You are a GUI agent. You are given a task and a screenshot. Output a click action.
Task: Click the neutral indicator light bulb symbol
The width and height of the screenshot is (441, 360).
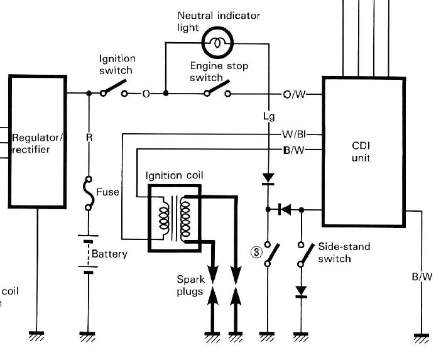(218, 43)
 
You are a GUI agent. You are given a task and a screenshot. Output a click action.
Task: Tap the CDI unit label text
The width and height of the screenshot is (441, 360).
(361, 151)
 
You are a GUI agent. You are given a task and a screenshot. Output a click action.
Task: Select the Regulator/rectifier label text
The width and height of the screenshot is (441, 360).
(37, 143)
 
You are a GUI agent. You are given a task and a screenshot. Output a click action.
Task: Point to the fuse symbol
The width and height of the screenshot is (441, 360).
(89, 194)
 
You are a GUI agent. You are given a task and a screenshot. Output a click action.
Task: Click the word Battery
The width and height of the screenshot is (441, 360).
(109, 254)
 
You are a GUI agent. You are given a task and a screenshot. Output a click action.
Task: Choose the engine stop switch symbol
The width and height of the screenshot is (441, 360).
(218, 89)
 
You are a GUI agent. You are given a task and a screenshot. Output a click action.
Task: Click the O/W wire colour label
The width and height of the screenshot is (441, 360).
(294, 94)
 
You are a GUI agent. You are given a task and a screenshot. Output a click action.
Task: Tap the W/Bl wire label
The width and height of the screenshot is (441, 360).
(294, 134)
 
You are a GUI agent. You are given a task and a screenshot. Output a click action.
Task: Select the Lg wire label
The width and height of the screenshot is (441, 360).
(269, 116)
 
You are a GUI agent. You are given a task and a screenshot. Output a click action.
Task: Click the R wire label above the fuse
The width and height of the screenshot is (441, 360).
(89, 137)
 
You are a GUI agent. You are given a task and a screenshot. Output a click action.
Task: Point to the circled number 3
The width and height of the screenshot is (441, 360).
(256, 253)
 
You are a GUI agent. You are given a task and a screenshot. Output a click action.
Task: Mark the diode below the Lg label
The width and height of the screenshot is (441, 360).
(268, 179)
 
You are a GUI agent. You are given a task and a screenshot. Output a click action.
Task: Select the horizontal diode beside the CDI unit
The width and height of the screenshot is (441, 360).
(285, 210)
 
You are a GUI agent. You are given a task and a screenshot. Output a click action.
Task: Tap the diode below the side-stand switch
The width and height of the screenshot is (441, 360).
(301, 292)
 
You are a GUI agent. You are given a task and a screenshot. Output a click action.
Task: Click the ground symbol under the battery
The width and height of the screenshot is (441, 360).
(88, 336)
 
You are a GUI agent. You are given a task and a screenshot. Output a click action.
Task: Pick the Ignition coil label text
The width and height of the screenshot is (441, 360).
(175, 175)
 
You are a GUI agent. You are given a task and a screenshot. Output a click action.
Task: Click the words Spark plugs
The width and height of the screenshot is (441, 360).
(190, 285)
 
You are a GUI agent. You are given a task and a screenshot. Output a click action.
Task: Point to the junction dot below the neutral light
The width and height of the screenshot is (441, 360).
(166, 93)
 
